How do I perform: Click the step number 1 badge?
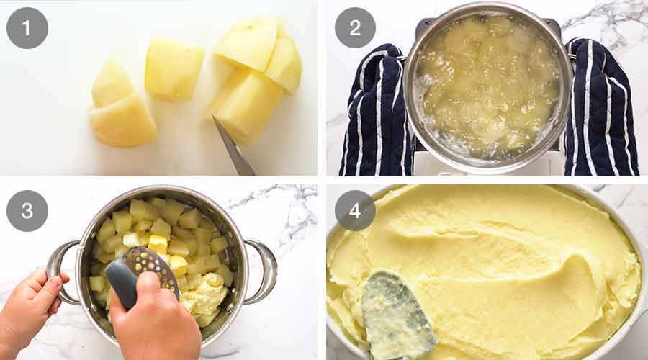click(x=27, y=27)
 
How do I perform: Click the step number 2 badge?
click(x=355, y=27)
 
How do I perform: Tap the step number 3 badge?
click(x=27, y=211)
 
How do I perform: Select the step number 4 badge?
click(x=355, y=211)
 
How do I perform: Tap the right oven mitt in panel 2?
click(x=601, y=108)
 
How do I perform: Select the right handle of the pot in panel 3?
click(x=263, y=270)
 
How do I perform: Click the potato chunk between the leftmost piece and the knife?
click(x=174, y=69)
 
